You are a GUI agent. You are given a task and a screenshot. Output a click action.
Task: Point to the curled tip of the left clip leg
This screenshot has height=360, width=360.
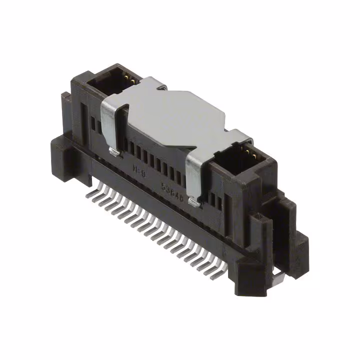113,151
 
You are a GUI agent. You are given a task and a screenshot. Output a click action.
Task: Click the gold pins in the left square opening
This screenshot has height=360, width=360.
127,78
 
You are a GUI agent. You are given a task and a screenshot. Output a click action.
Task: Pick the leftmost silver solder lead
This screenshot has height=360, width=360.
90,190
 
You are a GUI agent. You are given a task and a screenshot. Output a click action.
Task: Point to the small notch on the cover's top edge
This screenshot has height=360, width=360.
161,88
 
